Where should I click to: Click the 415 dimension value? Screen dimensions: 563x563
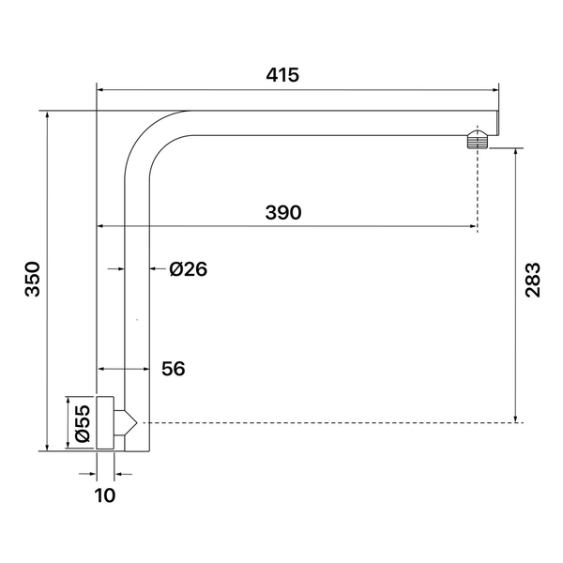[x=282, y=75]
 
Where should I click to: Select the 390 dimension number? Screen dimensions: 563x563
[x=283, y=212]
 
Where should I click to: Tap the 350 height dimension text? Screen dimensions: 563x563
[x=32, y=279]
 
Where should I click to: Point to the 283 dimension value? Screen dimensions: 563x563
[x=532, y=280]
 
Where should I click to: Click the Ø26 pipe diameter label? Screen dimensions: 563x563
[x=189, y=269]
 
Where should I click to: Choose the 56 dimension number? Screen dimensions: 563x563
[x=174, y=369]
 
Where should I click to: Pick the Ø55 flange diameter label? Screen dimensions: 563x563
[x=83, y=423]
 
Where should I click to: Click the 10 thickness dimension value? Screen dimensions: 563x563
[x=105, y=495]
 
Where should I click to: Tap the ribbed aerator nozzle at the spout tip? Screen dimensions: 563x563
[x=478, y=139]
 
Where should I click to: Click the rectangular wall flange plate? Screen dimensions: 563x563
[x=105, y=422]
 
